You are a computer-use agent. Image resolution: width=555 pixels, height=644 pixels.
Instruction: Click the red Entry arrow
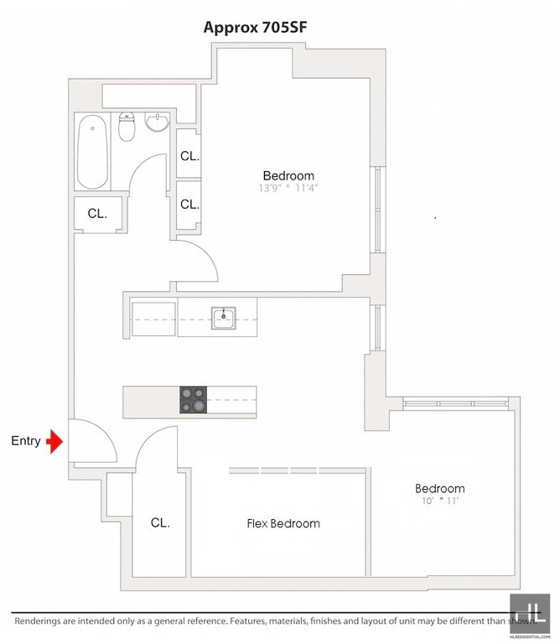point(56,441)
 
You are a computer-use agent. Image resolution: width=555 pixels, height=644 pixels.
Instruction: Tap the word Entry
point(26,441)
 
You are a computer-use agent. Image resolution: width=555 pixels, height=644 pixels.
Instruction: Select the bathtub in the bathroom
point(92,153)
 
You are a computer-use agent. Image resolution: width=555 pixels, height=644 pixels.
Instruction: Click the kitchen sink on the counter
point(224,319)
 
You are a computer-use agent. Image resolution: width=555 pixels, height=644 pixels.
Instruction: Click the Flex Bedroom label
point(283,523)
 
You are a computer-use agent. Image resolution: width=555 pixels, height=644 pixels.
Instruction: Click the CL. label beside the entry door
point(160,522)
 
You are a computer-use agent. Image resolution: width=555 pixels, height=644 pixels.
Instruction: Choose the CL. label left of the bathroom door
point(97,214)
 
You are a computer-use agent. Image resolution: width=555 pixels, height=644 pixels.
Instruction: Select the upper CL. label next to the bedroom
point(189,156)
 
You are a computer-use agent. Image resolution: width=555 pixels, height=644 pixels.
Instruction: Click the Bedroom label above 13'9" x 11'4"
point(288,176)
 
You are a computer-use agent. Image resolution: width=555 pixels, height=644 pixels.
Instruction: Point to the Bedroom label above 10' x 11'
point(439,489)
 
